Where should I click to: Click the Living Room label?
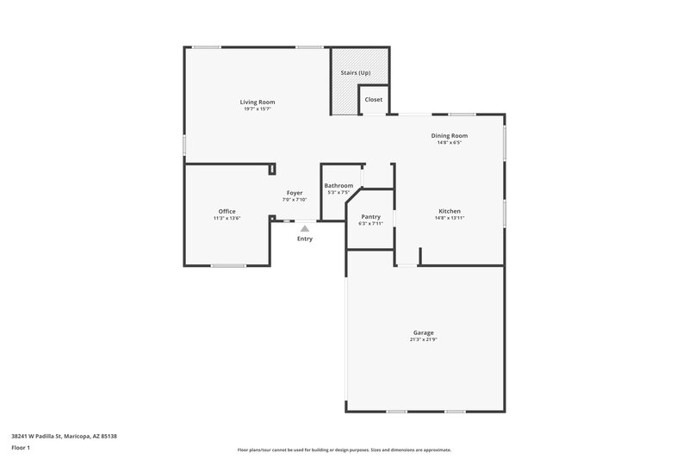point(258,102)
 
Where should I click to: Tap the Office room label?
point(227,211)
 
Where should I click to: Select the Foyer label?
point(295,193)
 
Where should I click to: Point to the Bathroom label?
point(338,185)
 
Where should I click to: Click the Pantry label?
point(371,216)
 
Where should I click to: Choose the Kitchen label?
point(450,211)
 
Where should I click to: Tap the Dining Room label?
point(450,135)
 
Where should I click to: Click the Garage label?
point(422,332)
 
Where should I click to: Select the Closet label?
point(374,100)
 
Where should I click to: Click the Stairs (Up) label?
point(356,72)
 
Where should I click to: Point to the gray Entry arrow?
point(305,229)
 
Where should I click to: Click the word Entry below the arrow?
point(305,239)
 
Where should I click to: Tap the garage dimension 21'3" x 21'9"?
point(422,339)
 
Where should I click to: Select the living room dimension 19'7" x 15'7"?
point(258,109)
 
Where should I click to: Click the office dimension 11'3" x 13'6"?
point(227,218)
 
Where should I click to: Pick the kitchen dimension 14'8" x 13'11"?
point(450,218)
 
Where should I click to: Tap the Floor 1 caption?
point(21,448)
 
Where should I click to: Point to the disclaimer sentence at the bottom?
point(344,450)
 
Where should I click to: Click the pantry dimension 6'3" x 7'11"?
point(371,223)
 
